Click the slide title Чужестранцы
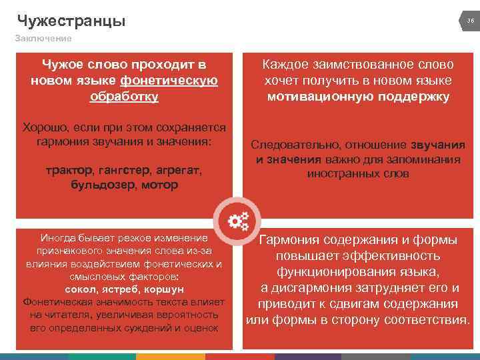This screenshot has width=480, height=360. [x=71, y=21]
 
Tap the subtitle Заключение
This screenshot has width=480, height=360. [x=43, y=39]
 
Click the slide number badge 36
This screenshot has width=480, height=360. [x=470, y=21]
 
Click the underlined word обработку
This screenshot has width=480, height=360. [x=124, y=97]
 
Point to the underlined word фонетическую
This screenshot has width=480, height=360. [x=169, y=81]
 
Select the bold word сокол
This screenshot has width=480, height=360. [x=82, y=290]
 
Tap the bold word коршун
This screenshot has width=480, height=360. [x=164, y=290]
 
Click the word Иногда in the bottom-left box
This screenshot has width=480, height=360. [x=61, y=238]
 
